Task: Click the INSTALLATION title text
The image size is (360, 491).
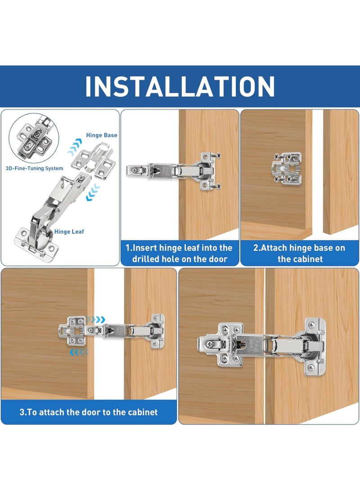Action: pos(180,86)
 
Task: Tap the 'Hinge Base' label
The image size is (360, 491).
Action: pos(102,135)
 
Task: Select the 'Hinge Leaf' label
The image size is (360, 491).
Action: pos(69,232)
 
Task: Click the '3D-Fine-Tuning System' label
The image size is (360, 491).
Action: pos(35,168)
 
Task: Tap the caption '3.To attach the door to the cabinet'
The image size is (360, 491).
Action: pos(89,412)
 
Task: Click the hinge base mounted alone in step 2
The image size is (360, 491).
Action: pos(286,169)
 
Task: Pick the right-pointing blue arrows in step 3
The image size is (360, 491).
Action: pos(95,320)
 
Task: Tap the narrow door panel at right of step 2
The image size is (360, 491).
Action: pos(341,171)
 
